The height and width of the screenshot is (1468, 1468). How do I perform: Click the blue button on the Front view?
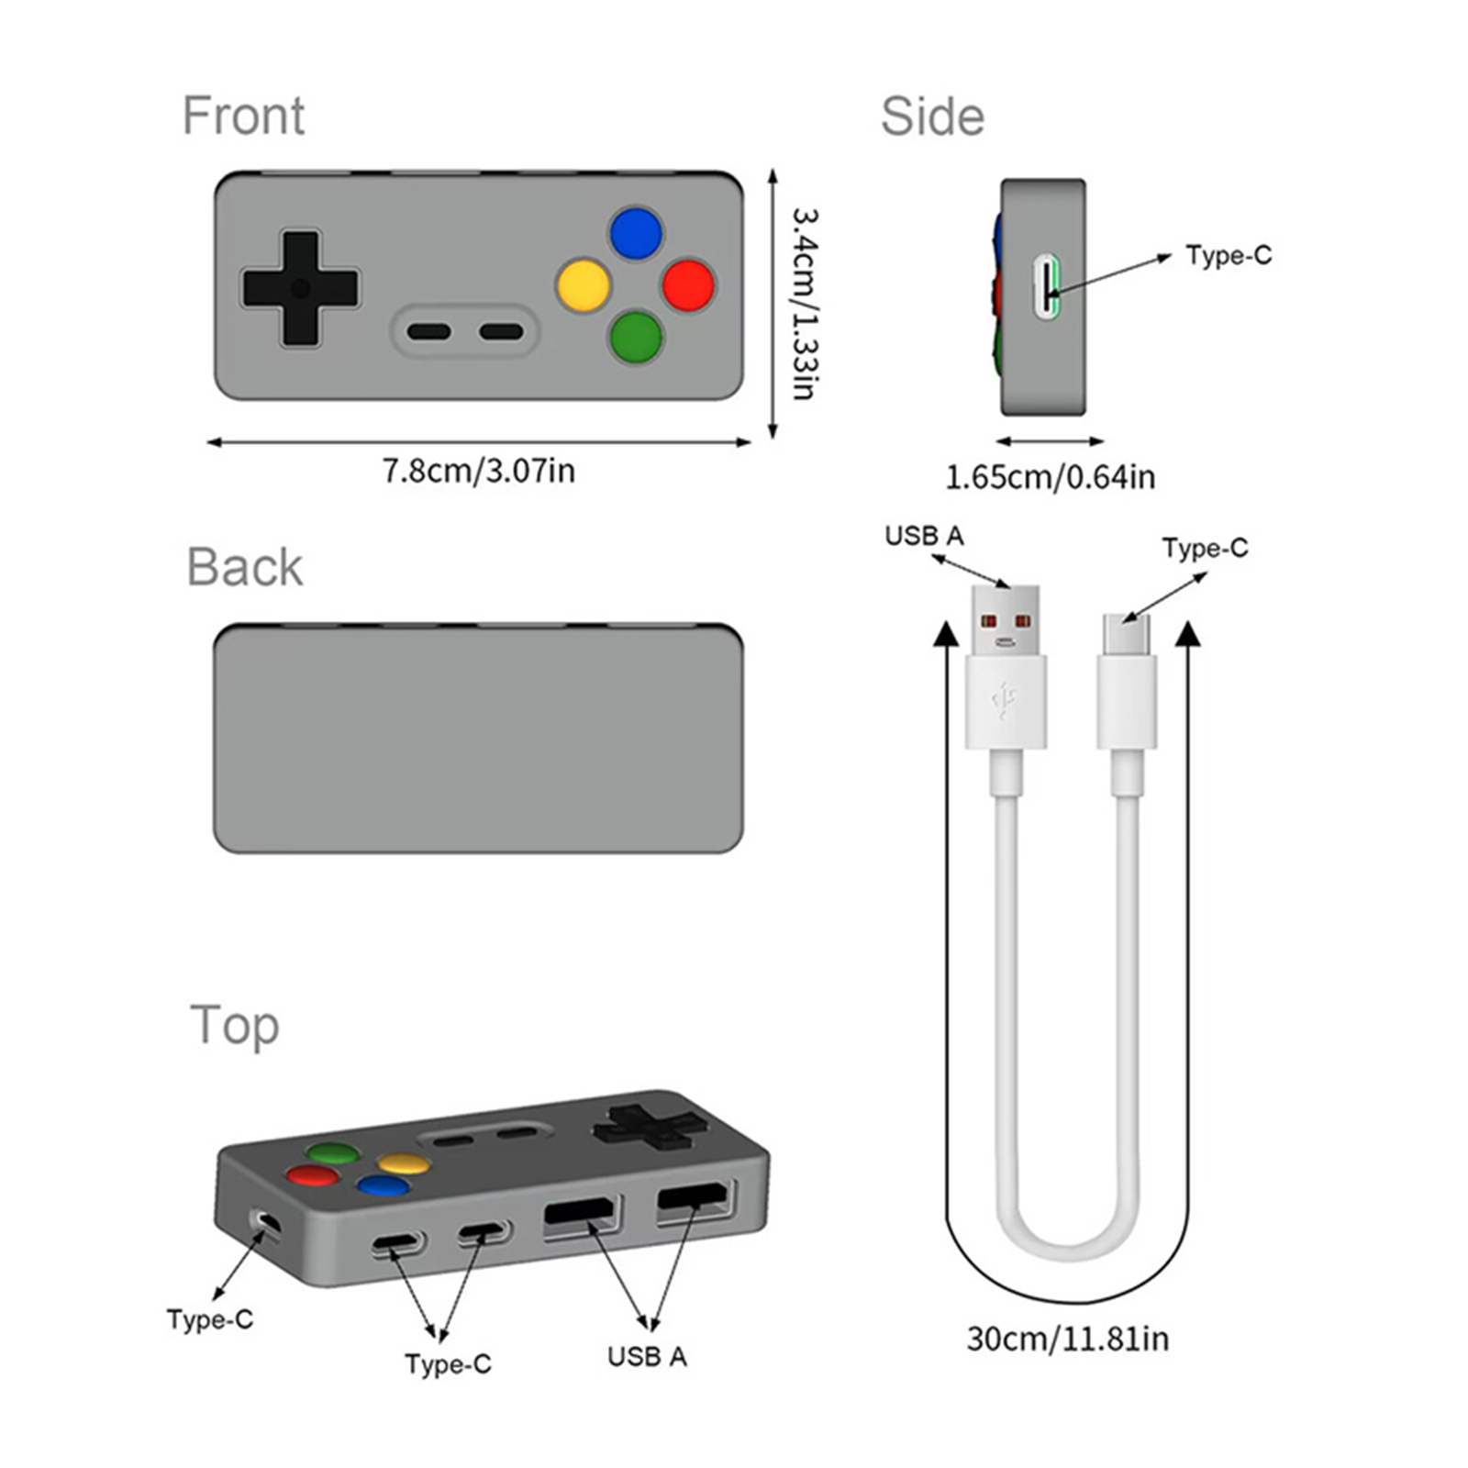coord(636,233)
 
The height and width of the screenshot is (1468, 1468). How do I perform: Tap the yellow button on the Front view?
coord(584,285)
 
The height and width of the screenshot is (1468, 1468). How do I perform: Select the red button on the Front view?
coord(688,285)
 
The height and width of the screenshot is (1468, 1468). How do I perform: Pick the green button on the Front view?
coord(636,338)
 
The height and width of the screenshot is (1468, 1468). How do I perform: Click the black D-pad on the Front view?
coord(300,288)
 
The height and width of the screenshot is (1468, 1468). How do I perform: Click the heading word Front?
coord(243,116)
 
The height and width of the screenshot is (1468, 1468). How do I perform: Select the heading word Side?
coord(932,117)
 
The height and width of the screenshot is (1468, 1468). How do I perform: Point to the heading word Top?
coord(235,1026)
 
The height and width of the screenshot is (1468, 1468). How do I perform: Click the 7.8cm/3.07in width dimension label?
coord(478,471)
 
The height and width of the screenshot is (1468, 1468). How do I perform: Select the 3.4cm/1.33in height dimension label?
coord(805,304)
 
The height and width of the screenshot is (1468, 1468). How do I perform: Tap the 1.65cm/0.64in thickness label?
coord(1050,477)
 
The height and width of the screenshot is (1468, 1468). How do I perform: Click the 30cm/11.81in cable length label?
coord(1067,1339)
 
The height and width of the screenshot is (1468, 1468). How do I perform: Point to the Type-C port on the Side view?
coord(1047,288)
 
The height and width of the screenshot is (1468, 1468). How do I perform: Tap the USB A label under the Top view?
coord(647,1356)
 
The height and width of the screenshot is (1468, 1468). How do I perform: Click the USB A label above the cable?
coord(924,536)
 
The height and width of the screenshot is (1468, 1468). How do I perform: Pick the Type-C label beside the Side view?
coord(1229,255)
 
